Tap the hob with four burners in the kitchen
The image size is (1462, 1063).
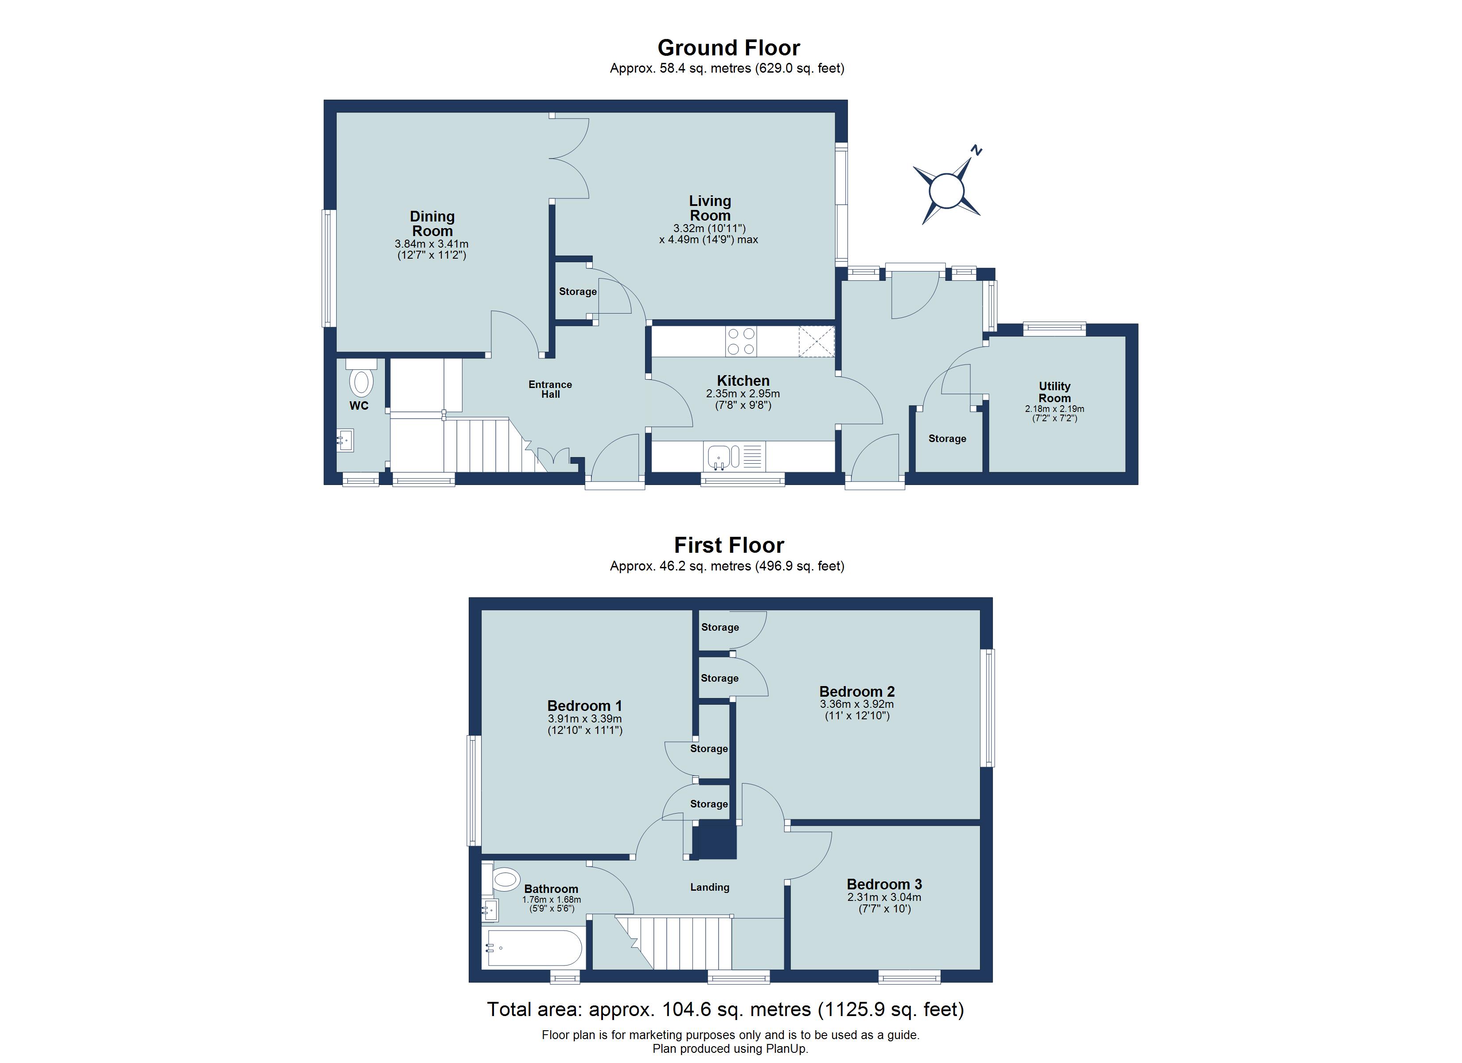click(741, 341)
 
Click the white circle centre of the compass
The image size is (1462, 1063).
click(946, 191)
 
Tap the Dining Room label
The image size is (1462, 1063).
click(432, 224)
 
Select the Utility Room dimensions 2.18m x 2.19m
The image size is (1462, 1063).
click(1054, 409)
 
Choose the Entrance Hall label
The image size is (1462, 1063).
click(550, 389)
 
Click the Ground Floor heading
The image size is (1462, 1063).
click(728, 48)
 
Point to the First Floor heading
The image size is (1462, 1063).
click(728, 545)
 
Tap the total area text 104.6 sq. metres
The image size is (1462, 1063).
click(725, 1009)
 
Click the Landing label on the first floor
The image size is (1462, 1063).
click(709, 887)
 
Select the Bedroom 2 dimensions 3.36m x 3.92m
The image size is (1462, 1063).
click(857, 705)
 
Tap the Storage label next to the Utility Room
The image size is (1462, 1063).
click(947, 438)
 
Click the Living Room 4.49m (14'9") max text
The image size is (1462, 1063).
click(708, 240)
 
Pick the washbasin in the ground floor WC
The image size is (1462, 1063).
click(345, 442)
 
